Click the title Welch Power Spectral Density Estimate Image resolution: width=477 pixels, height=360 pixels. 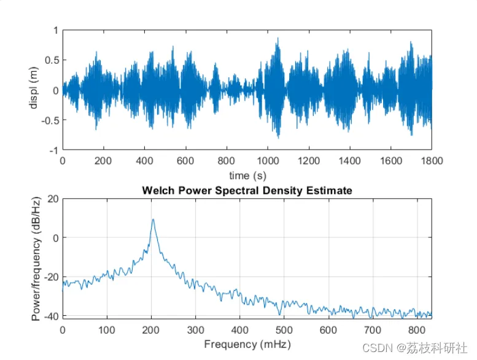coord(247,191)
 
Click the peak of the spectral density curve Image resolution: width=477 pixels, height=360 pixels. coord(153,220)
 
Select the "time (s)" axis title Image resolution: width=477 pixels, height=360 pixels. coord(247,175)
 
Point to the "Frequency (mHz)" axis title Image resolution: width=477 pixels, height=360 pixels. coord(247,343)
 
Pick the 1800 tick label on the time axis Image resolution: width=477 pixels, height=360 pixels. coord(431,161)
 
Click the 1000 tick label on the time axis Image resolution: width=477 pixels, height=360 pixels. coord(267,161)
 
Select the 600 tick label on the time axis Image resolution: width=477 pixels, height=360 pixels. coord(185,161)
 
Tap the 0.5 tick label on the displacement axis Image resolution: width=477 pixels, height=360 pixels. coord(51,60)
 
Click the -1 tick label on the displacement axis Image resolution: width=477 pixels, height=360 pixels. coord(53,150)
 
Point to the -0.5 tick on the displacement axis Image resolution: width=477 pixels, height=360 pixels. coord(50,120)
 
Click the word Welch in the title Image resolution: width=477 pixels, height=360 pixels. coord(156,191)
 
